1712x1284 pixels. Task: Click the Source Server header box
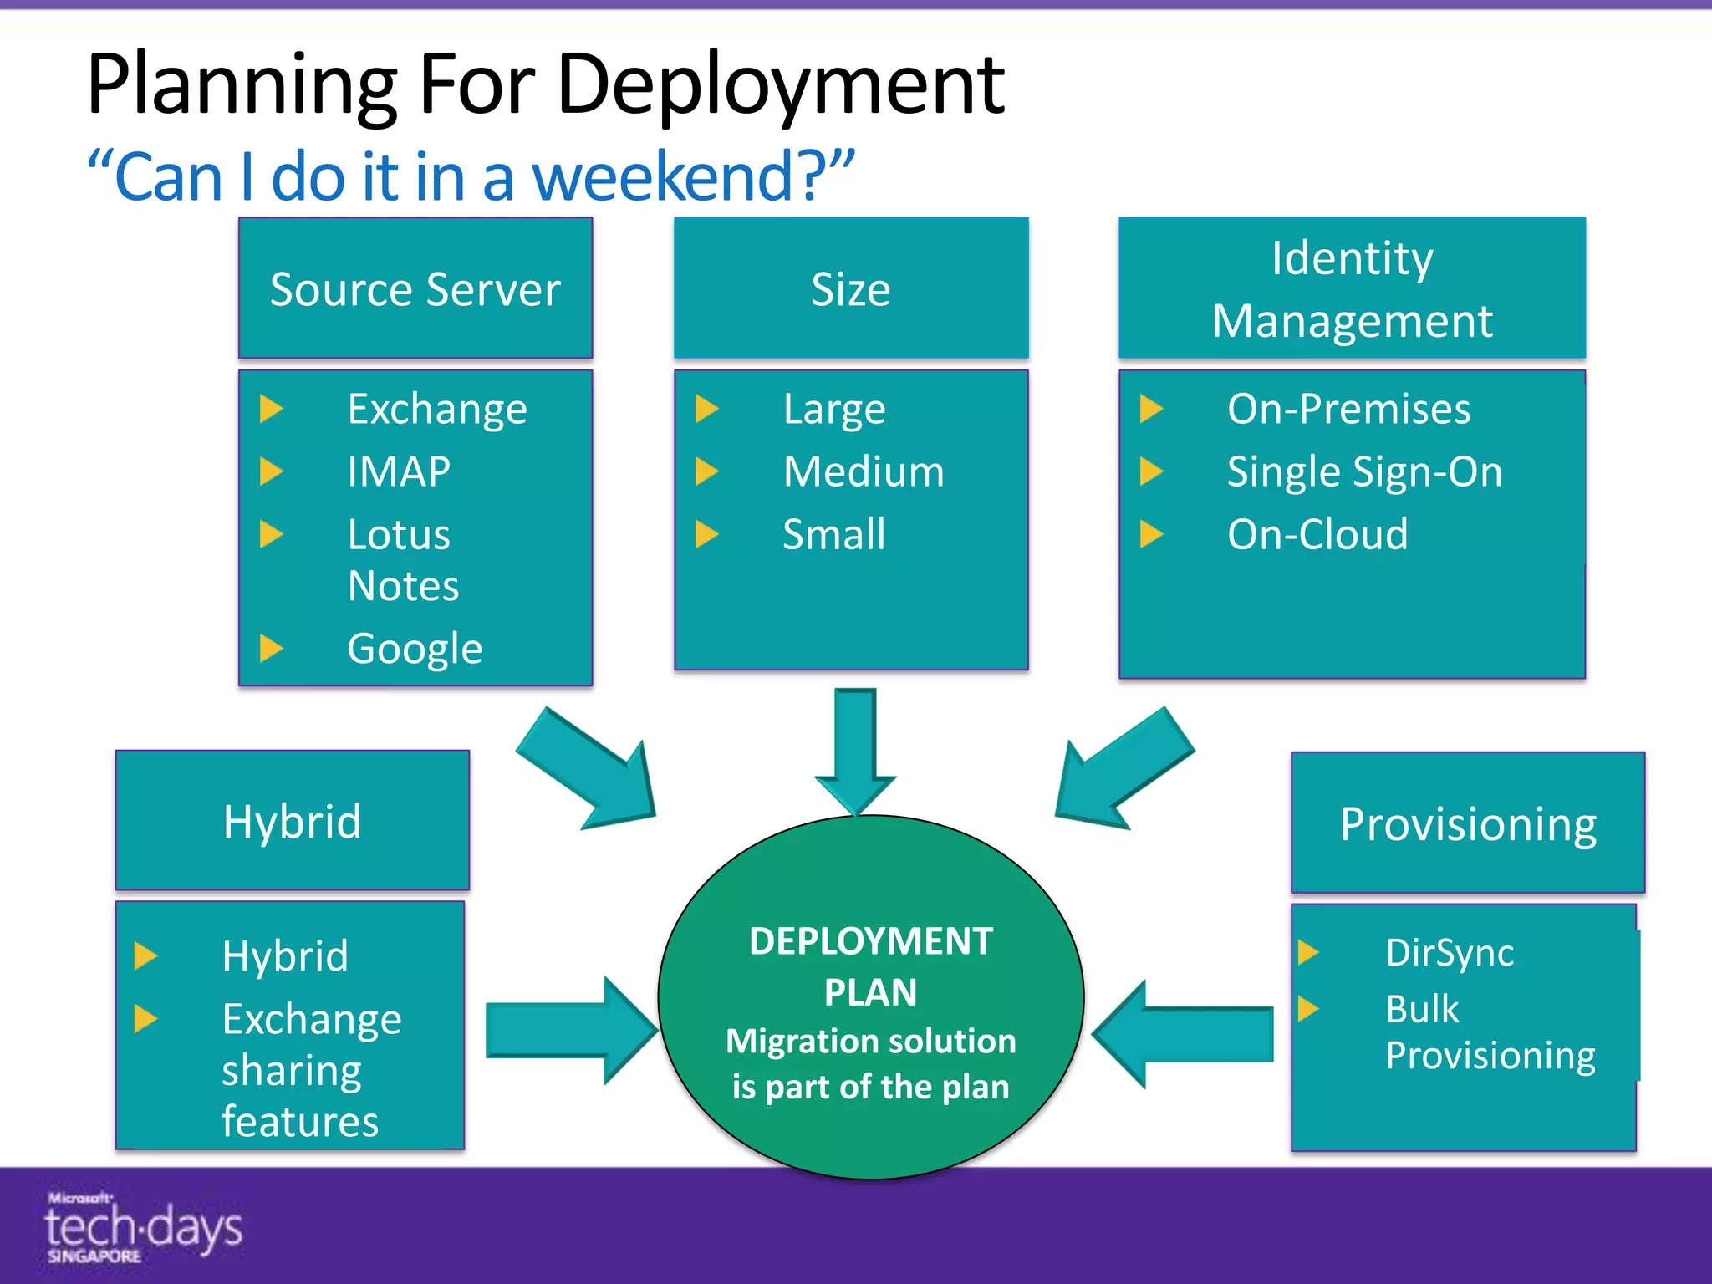[x=415, y=288]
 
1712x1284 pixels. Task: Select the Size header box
[x=851, y=288]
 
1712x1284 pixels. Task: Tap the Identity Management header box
[x=1352, y=288]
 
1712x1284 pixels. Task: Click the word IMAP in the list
[x=399, y=471]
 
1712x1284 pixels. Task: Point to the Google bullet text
[x=415, y=649]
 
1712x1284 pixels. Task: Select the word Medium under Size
[x=864, y=471]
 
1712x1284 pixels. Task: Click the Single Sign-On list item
[x=1364, y=471]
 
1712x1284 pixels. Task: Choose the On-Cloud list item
[x=1317, y=534]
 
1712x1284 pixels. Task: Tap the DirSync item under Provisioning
[x=1450, y=953]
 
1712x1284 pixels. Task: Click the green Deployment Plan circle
[x=870, y=995]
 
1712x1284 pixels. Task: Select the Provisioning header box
[x=1468, y=823]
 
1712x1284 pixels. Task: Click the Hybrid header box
[x=293, y=821]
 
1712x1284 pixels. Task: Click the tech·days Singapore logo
[x=142, y=1227]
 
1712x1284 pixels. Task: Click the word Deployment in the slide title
[x=780, y=84]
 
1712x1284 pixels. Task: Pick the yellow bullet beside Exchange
[x=272, y=410]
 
